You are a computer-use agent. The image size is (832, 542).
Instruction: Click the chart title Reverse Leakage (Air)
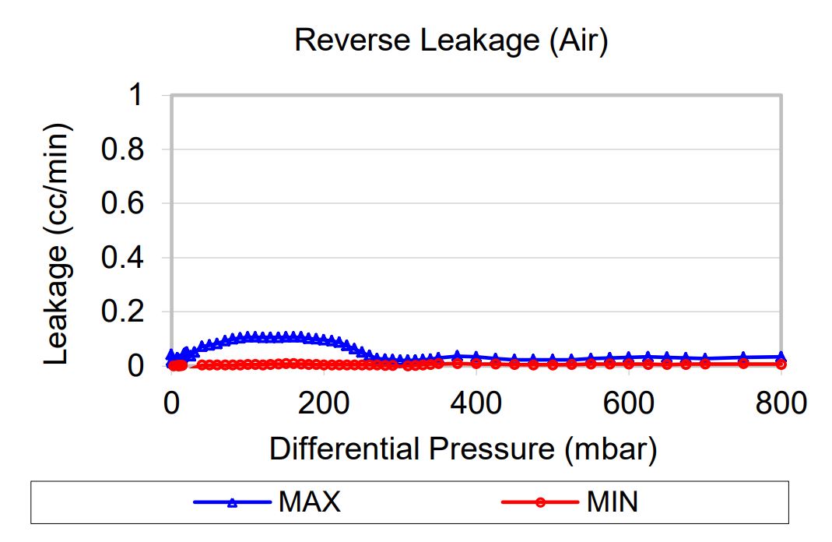[451, 40]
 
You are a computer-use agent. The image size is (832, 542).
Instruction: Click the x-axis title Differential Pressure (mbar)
[463, 450]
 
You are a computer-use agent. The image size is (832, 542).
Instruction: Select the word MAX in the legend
[309, 502]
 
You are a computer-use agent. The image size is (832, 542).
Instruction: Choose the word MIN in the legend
[612, 502]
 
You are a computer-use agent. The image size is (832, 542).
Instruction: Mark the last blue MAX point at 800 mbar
[781, 356]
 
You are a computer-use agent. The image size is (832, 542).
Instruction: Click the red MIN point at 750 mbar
[743, 363]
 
